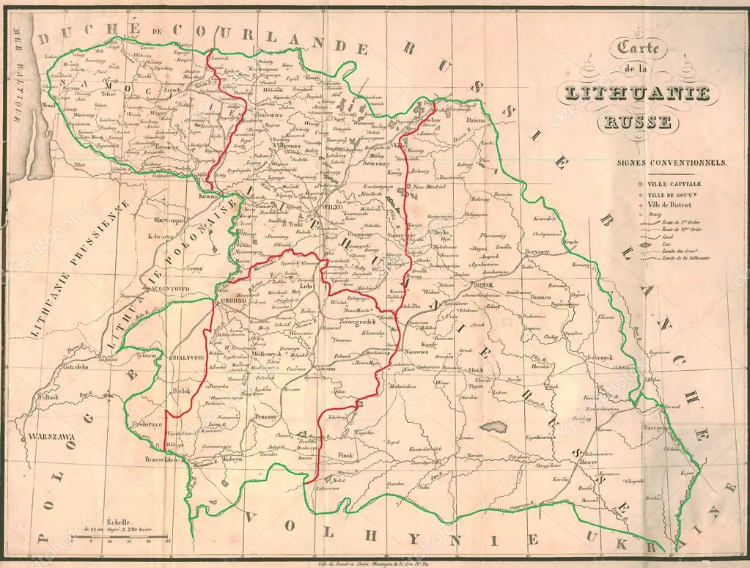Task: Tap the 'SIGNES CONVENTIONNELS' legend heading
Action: (671, 162)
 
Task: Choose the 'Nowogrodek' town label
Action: (360, 322)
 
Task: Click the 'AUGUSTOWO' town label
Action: (169, 289)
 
